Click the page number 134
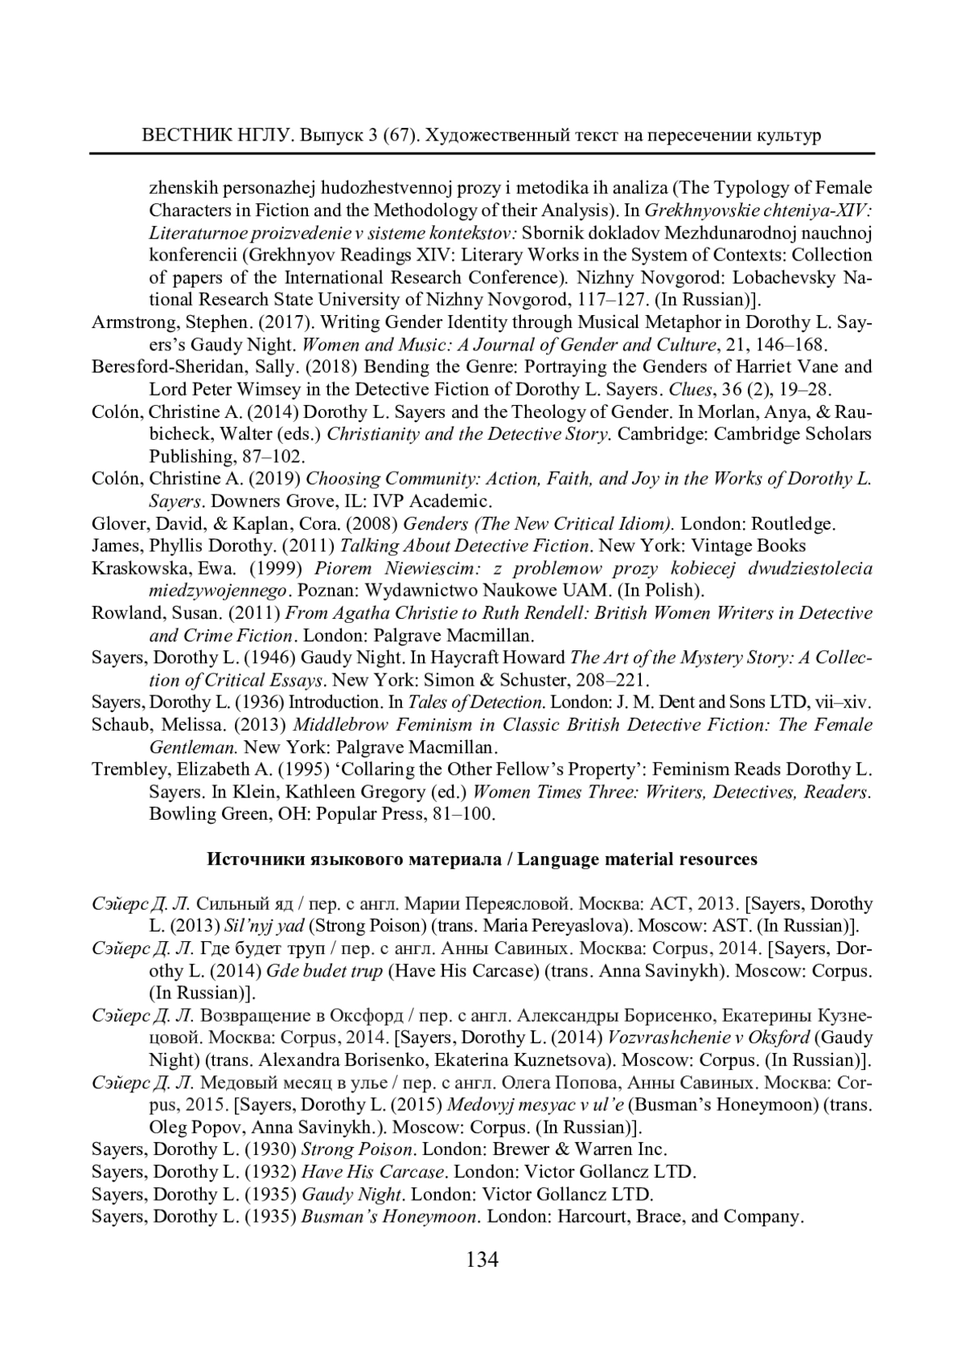tap(482, 1259)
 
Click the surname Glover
tap(117, 524)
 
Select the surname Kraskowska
tap(136, 568)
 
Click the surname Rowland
tap(125, 613)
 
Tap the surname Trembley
tap(129, 769)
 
